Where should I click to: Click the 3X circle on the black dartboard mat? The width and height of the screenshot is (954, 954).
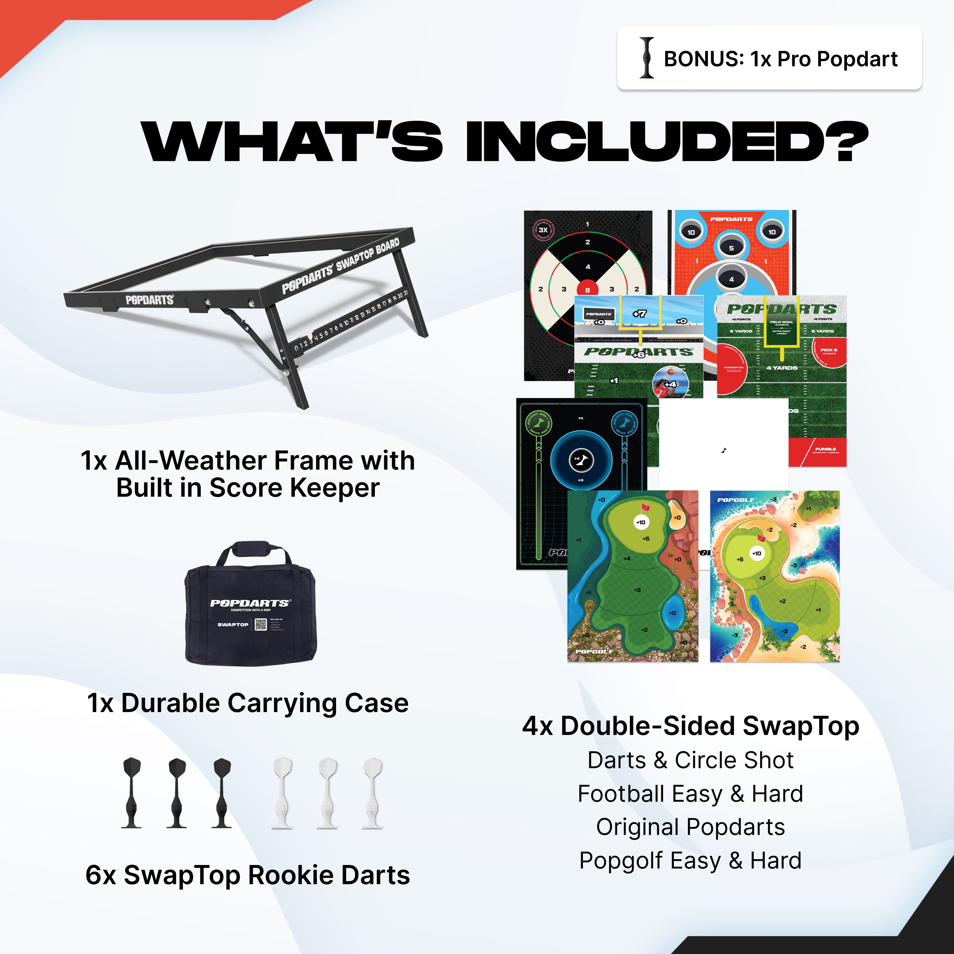click(x=543, y=230)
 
